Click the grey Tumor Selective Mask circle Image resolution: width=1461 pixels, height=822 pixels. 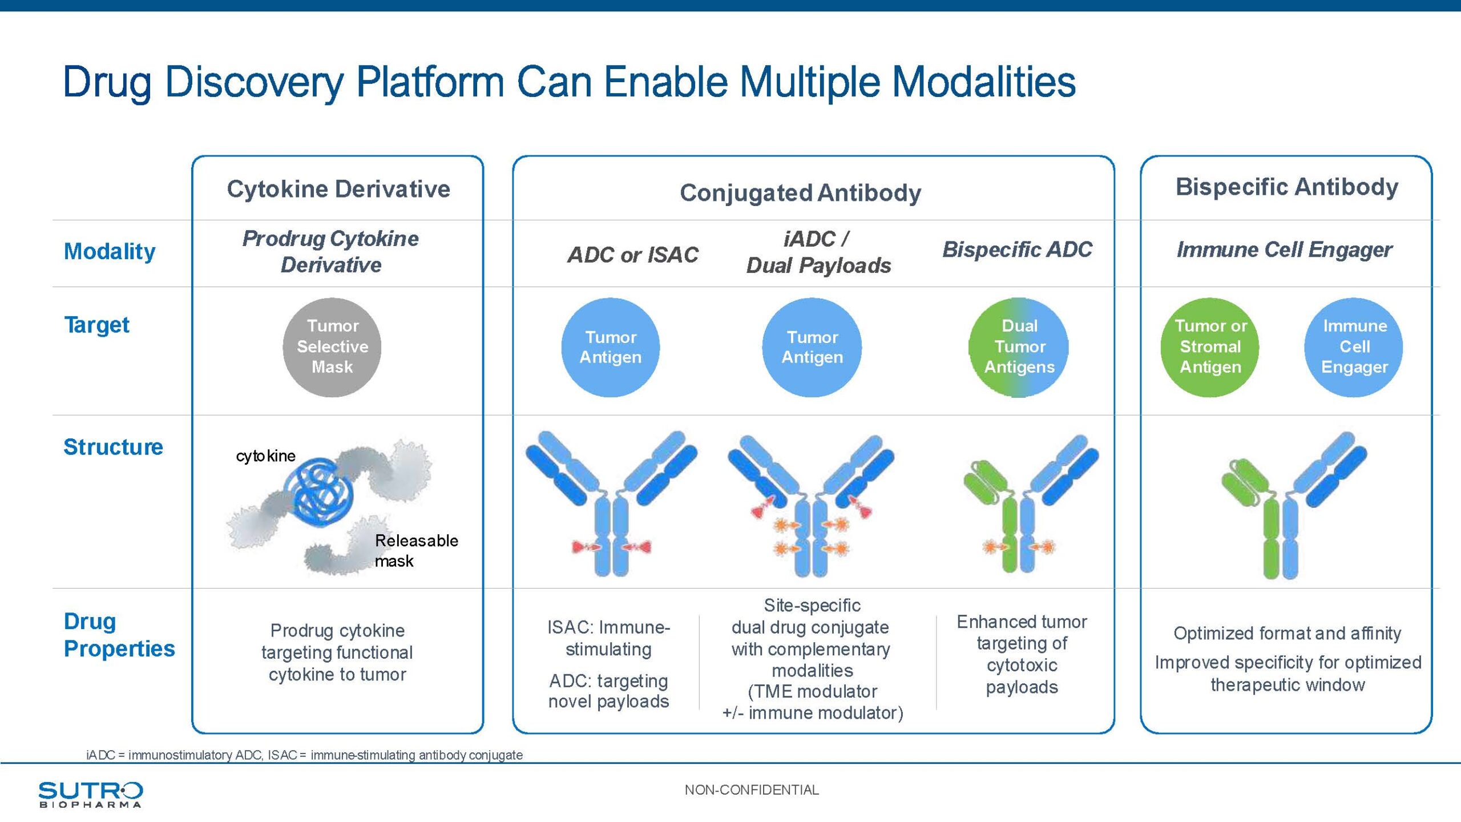click(332, 347)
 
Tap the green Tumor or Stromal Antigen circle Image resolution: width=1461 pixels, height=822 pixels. click(1210, 347)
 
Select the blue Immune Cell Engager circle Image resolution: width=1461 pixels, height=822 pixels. click(1354, 347)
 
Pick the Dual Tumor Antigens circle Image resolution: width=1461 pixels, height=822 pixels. click(1019, 347)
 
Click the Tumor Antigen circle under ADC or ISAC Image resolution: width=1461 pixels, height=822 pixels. click(611, 347)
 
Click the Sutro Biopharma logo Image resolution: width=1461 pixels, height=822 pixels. click(90, 794)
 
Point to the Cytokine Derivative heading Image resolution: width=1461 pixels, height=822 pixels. click(338, 189)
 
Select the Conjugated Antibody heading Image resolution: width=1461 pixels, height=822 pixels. click(800, 193)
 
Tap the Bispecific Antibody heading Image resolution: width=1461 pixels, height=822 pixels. click(1287, 187)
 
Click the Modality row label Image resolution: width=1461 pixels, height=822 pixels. click(110, 252)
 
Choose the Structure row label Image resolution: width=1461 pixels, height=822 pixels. click(113, 447)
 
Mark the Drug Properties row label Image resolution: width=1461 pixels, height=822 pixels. click(119, 635)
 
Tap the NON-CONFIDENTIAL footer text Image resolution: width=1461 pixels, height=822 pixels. click(752, 790)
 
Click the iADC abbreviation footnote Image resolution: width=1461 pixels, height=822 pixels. click(304, 755)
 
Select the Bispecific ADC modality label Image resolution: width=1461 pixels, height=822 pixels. click(1017, 249)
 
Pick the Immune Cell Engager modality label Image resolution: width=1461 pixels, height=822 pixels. click(1285, 249)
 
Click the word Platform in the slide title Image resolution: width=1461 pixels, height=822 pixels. click(430, 82)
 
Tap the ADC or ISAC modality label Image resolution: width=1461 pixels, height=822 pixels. click(633, 255)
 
